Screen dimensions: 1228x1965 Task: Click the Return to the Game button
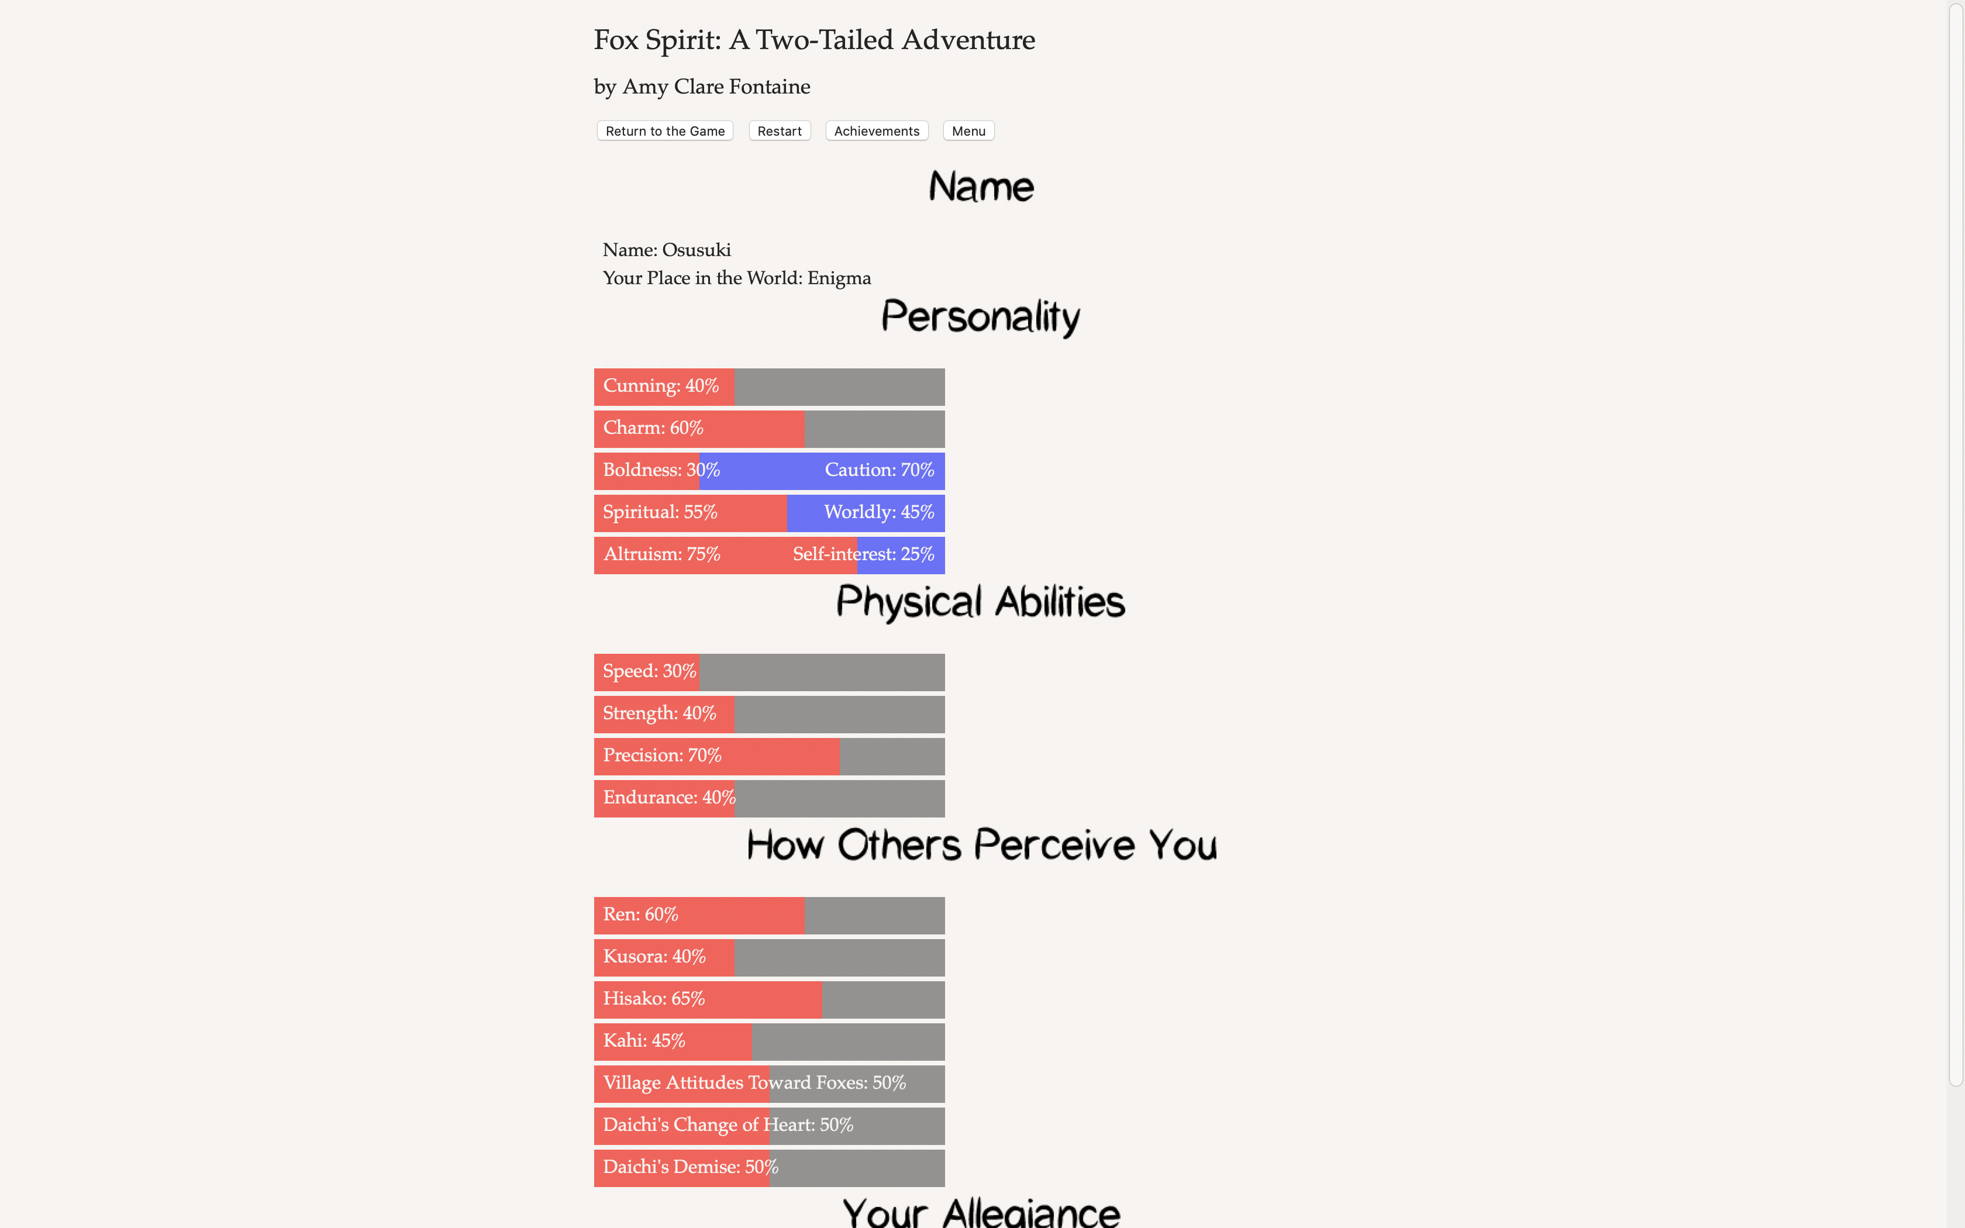click(664, 131)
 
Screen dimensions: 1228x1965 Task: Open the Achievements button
click(876, 131)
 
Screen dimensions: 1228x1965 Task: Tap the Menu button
click(968, 131)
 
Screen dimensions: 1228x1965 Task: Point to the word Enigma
click(839, 278)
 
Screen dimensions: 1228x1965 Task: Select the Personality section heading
click(980, 317)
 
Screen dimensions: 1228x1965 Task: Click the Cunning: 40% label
click(660, 386)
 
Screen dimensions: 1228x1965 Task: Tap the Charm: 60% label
click(653, 428)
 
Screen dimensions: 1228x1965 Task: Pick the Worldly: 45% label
click(878, 512)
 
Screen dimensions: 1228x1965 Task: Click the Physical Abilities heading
click(980, 602)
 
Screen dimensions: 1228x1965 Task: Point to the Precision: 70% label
click(662, 756)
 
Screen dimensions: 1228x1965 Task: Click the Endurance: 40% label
click(669, 798)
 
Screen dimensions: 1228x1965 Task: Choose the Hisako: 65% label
click(654, 999)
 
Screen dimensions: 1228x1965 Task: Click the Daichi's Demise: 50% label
click(690, 1167)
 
